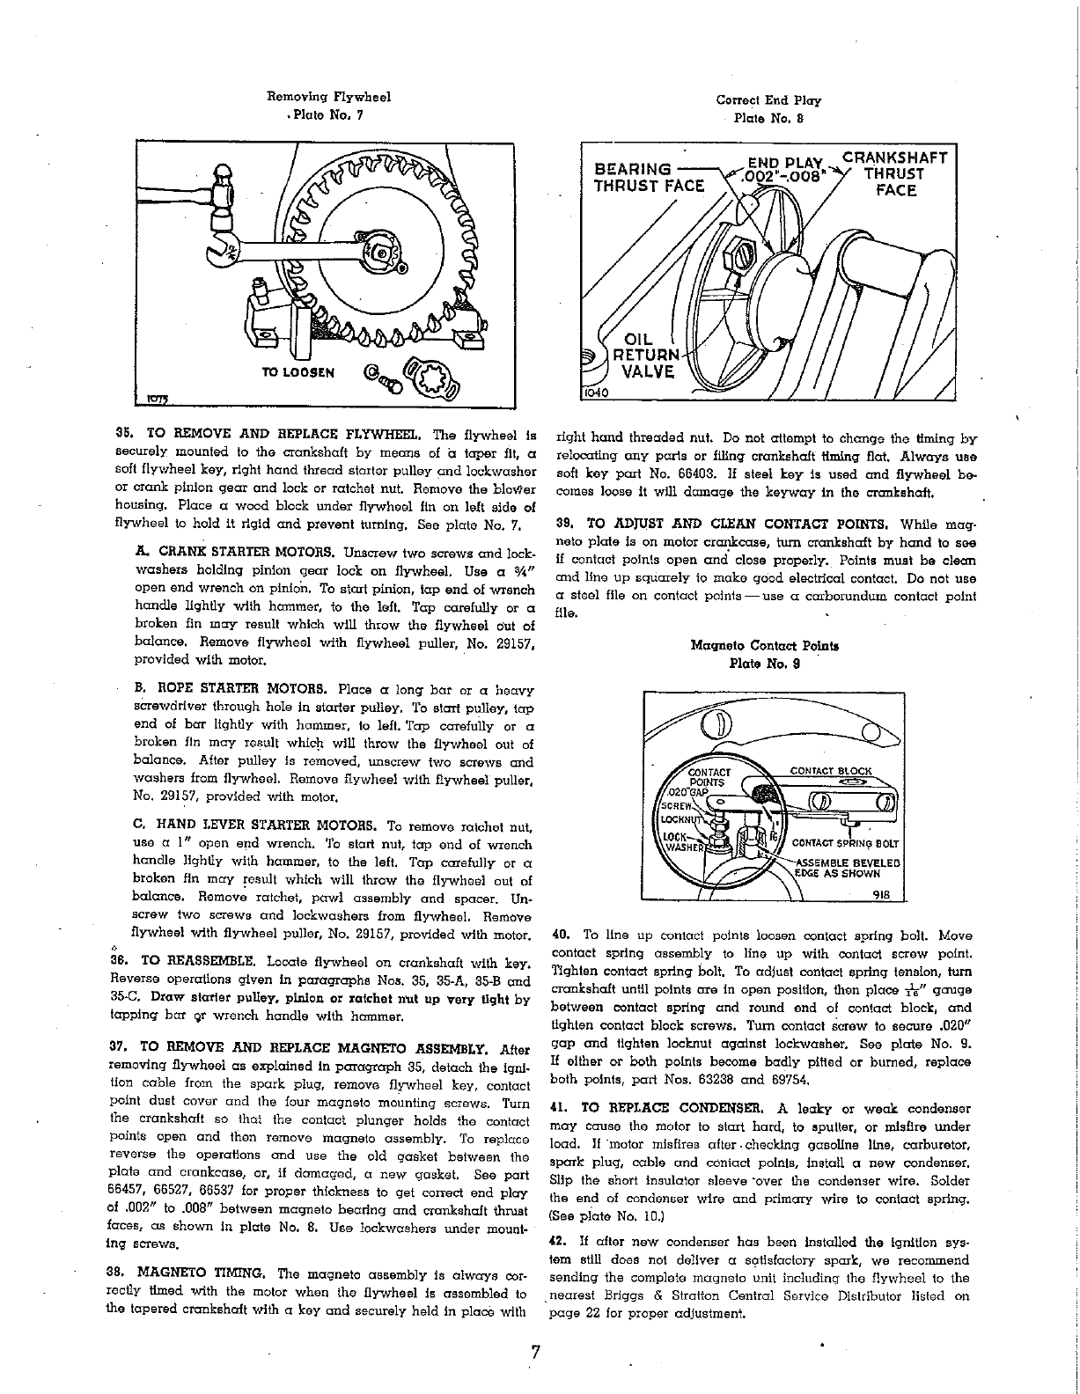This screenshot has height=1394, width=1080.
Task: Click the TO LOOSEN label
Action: [298, 371]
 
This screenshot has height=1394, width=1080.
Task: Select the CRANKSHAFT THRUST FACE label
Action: [895, 173]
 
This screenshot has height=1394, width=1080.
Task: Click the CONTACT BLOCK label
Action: [831, 770]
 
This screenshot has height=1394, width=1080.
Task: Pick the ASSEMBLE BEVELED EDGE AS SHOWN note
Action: [846, 869]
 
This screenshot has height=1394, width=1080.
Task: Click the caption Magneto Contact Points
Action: [765, 645]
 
